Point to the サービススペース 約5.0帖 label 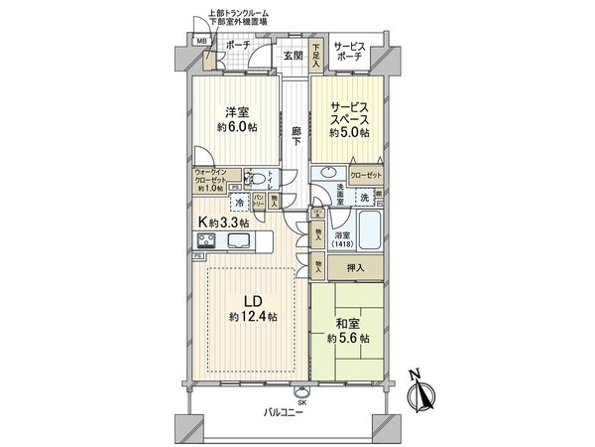point(350,117)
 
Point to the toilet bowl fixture point(258,180)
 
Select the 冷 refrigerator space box point(238,202)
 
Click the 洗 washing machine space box point(364,197)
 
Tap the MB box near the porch point(201,41)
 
